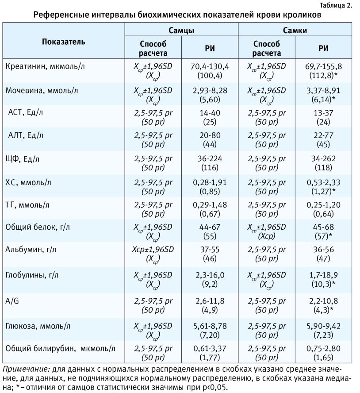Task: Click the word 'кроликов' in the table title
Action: point(302,15)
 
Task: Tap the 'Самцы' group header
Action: point(181,30)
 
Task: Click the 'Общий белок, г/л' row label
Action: point(37,227)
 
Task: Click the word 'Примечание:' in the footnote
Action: point(27,369)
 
